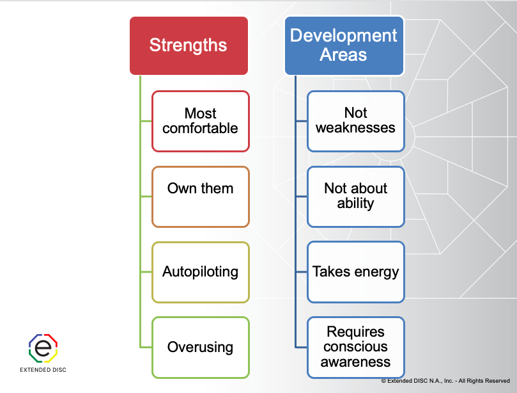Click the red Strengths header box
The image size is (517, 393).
coord(188,45)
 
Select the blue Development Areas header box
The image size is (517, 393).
coord(343,45)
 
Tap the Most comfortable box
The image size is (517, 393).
coord(200,121)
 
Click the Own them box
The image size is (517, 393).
coord(200,196)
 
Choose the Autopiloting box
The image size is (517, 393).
coord(200,272)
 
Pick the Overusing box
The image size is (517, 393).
coord(200,348)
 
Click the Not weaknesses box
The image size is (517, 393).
coord(355,121)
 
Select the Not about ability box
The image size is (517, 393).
coord(355,196)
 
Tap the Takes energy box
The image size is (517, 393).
coord(355,272)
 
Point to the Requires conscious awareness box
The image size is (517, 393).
coord(355,348)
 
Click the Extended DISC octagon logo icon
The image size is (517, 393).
coord(43,348)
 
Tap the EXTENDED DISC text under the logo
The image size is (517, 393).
coord(43,370)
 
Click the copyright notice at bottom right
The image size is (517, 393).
coord(445,381)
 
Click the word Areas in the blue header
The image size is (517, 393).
coord(343,55)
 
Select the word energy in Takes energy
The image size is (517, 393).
coord(376,272)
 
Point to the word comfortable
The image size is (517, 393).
coord(200,129)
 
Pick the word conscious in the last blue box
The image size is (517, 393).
coord(355,348)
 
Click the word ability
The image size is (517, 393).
coord(355,204)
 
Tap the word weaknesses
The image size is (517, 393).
coord(355,128)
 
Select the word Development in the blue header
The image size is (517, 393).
coord(343,35)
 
